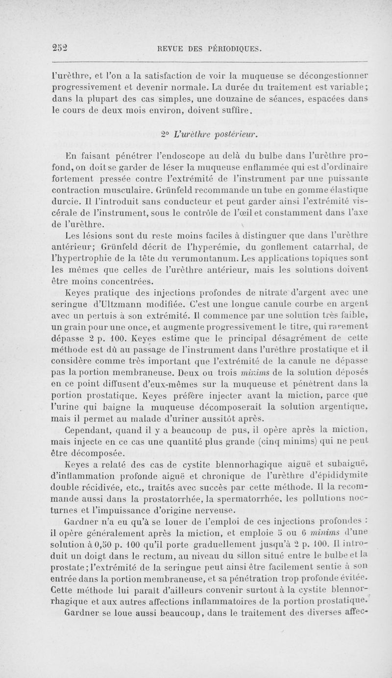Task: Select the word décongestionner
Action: (331, 77)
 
